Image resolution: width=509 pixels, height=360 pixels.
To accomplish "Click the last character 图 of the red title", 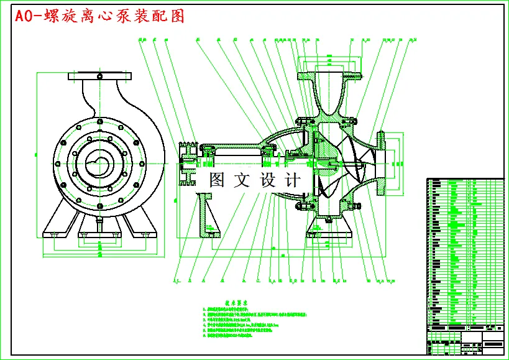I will click(177, 16).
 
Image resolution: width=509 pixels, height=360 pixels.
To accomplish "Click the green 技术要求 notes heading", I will click(236, 302).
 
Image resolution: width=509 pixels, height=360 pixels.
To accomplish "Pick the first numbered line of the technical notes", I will click(233, 308).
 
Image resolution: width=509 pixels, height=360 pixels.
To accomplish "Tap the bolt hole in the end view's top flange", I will click(99, 76).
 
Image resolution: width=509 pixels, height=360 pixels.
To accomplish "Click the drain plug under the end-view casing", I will click(99, 221).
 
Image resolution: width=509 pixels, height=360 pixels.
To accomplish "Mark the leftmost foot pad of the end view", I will click(53, 235).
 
